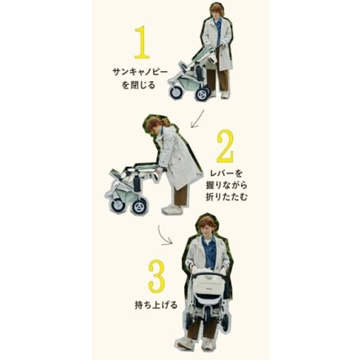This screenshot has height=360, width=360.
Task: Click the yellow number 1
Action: pyautogui.click(x=141, y=43)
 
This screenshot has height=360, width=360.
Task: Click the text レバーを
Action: pyautogui.click(x=227, y=173)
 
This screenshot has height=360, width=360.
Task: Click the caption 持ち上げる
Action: pyautogui.click(x=150, y=305)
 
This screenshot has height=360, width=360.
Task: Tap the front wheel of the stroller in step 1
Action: pyautogui.click(x=175, y=92)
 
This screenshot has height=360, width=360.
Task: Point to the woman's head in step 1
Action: pyautogui.click(x=215, y=11)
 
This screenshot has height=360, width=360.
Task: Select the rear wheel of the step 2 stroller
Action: pyautogui.click(x=140, y=206)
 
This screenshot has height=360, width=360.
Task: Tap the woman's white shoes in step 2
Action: pyautogui.click(x=172, y=209)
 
